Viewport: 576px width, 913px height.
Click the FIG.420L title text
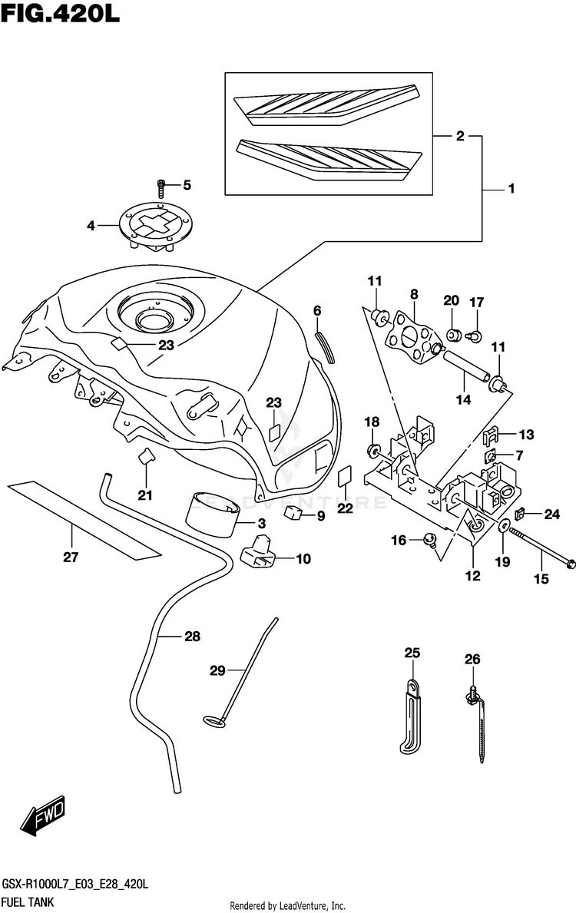[x=60, y=15]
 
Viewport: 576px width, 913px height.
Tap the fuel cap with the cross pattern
[x=159, y=225]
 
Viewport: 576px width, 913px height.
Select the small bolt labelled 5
[x=161, y=187]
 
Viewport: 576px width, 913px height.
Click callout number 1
[x=511, y=189]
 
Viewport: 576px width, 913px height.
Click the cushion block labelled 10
[x=260, y=554]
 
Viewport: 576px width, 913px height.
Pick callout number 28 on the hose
[x=191, y=636]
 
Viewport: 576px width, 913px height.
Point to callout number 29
[x=217, y=670]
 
